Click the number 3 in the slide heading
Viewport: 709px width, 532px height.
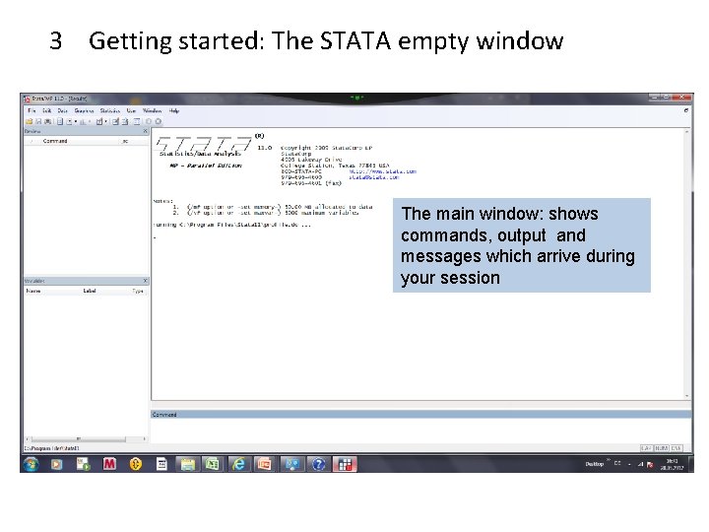tap(56, 41)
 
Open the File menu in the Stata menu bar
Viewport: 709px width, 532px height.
tap(31, 111)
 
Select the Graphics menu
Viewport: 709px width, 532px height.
tap(84, 111)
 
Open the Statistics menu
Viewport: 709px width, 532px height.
tap(109, 111)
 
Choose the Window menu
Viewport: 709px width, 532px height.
tap(152, 111)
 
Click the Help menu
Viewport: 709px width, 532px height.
tap(174, 111)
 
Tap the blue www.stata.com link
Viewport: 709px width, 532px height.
tap(395, 171)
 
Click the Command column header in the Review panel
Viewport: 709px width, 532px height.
tap(55, 141)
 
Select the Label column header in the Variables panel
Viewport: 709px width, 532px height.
tap(90, 291)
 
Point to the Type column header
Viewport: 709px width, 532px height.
tap(137, 291)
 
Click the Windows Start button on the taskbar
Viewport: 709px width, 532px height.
tap(31, 463)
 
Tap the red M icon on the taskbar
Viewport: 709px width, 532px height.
tap(109, 463)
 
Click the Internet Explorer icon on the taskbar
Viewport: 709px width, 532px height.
tap(238, 463)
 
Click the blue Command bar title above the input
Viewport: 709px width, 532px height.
tap(164, 415)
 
